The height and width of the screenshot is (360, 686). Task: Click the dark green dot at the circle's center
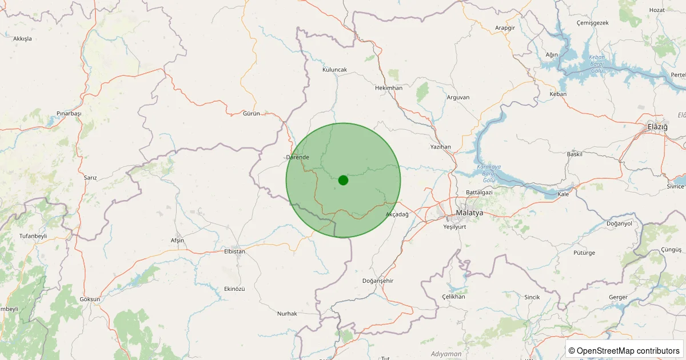[343, 180]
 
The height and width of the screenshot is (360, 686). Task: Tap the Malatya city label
[469, 213]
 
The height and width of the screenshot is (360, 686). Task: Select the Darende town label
[297, 157]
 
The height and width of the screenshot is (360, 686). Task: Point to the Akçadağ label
[397, 214]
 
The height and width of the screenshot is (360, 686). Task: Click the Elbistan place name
[234, 251]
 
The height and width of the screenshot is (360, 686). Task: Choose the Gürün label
[252, 113]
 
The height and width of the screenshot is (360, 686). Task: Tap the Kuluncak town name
[334, 70]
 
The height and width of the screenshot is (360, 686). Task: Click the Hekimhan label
[389, 88]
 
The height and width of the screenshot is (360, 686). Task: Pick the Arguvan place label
[458, 97]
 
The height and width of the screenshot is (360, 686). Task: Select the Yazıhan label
[441, 147]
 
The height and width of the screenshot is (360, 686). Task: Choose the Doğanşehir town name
[378, 281]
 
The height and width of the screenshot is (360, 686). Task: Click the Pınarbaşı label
[69, 114]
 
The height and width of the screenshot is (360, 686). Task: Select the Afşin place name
[177, 240]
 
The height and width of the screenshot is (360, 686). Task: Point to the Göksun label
[90, 299]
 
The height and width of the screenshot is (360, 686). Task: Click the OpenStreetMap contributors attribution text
[624, 350]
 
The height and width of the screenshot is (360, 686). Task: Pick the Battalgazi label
[479, 193]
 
